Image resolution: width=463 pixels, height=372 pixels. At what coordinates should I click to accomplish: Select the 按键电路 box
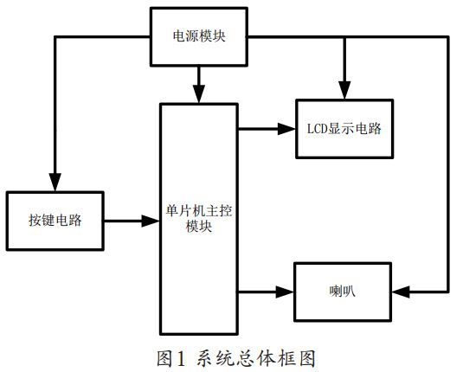point(54,221)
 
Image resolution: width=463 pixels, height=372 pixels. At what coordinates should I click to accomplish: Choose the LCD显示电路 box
point(344,129)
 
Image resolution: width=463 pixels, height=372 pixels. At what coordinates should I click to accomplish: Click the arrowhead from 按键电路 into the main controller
point(152,221)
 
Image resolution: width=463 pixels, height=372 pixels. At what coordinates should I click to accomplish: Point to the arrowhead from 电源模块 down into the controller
point(200,93)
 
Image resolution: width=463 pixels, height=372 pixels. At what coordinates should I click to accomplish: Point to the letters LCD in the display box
point(319,129)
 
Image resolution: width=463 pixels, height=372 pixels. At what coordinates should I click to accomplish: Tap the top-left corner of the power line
point(54,37)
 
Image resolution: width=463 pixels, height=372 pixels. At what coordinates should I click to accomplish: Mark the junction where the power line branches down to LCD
point(344,37)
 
